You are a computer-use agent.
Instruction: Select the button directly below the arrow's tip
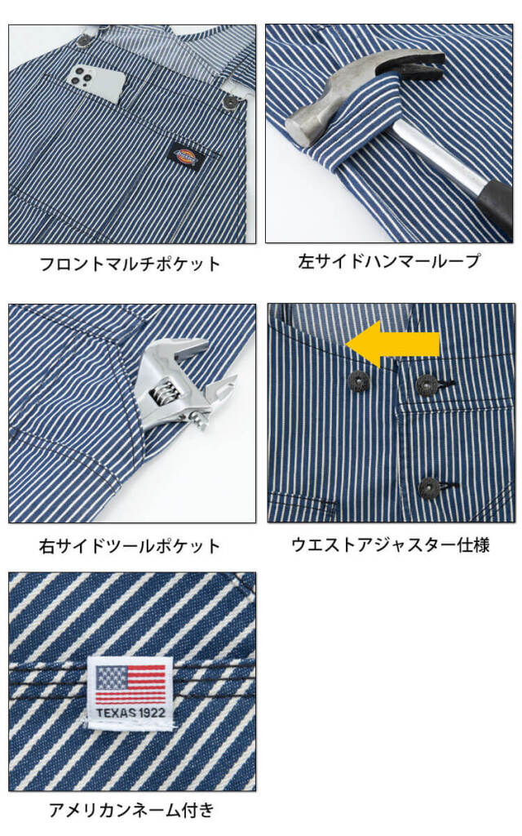click(x=358, y=380)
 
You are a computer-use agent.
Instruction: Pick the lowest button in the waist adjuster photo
click(x=427, y=488)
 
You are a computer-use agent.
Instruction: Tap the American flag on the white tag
click(x=130, y=683)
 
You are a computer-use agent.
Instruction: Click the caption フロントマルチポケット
click(x=130, y=265)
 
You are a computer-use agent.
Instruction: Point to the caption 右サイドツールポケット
click(x=130, y=545)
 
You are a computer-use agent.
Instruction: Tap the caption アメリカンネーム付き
click(x=130, y=810)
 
